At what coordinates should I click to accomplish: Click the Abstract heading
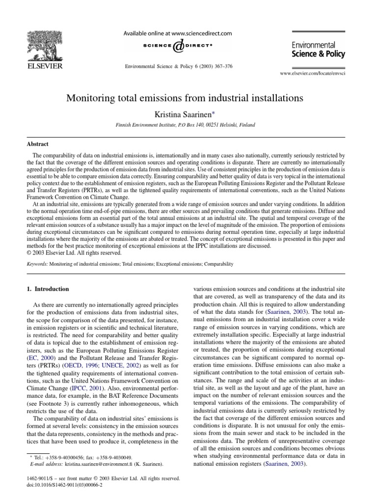point(37,144)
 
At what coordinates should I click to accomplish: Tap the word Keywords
point(37,264)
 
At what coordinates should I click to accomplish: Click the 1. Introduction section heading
point(48,289)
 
